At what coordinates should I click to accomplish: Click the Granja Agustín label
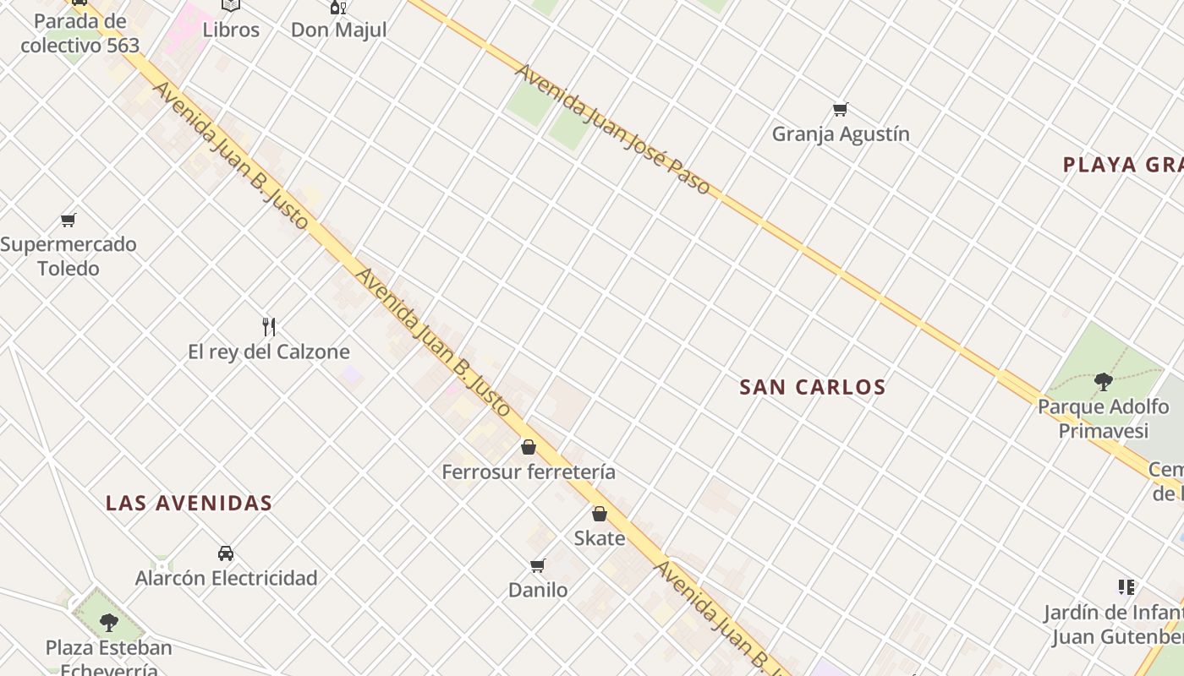click(x=841, y=134)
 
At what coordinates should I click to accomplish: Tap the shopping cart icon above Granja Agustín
click(x=840, y=109)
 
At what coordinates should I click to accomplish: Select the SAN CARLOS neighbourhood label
click(x=812, y=387)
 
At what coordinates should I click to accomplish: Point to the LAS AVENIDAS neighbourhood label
click(x=189, y=504)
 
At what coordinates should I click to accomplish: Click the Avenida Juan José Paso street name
click(x=612, y=129)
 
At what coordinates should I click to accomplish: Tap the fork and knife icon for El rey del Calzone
click(x=269, y=326)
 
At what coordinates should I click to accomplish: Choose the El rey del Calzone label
click(x=269, y=352)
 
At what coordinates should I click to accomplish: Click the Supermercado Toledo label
click(x=69, y=256)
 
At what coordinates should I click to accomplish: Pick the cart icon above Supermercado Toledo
click(x=69, y=220)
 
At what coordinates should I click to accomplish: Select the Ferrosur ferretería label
click(x=529, y=472)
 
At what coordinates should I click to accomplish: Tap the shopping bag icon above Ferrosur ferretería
click(x=529, y=446)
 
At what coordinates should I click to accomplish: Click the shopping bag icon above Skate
click(x=600, y=513)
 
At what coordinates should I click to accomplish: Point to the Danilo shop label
click(x=538, y=590)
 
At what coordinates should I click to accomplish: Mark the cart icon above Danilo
click(x=537, y=565)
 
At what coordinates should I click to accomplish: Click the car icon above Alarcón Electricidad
click(x=226, y=553)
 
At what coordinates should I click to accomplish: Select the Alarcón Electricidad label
click(x=227, y=579)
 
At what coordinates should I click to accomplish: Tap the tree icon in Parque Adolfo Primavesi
click(x=1103, y=381)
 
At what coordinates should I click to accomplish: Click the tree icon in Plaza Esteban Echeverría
click(x=108, y=623)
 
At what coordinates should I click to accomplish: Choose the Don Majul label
click(x=338, y=30)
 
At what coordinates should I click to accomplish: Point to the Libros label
click(x=231, y=30)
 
